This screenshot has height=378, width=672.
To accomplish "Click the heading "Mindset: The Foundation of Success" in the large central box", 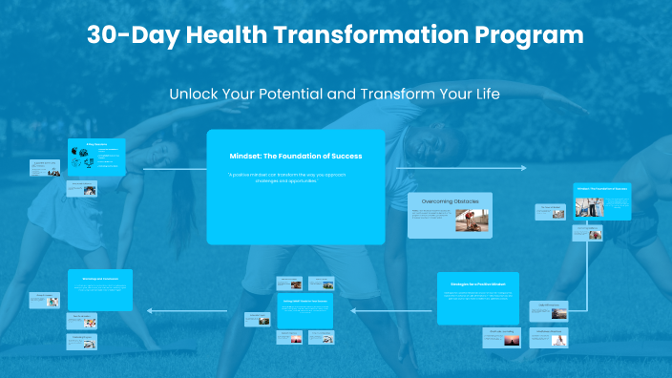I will tap(295, 156).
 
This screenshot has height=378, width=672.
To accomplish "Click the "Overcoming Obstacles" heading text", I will tap(450, 201).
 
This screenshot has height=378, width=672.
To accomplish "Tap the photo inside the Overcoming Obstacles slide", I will tap(473, 221).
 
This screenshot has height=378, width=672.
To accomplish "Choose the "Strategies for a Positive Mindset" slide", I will tap(477, 298).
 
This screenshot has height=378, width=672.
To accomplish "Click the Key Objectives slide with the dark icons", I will tap(96, 157).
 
